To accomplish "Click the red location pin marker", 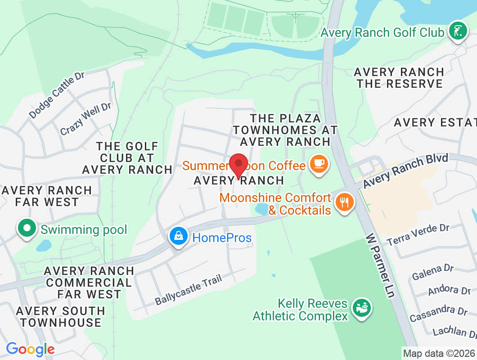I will point(238,165).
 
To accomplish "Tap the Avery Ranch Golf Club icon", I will point(458,32).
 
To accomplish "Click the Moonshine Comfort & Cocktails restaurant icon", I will point(345,203).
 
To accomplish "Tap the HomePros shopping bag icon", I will point(179,237).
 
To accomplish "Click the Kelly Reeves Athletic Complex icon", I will point(361,309).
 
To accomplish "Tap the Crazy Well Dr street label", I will point(85,118).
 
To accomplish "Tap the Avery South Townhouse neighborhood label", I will point(60,317).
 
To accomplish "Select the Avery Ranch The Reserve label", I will point(399,78).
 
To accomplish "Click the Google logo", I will point(30,349).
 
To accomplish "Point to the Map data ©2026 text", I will point(439,353).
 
